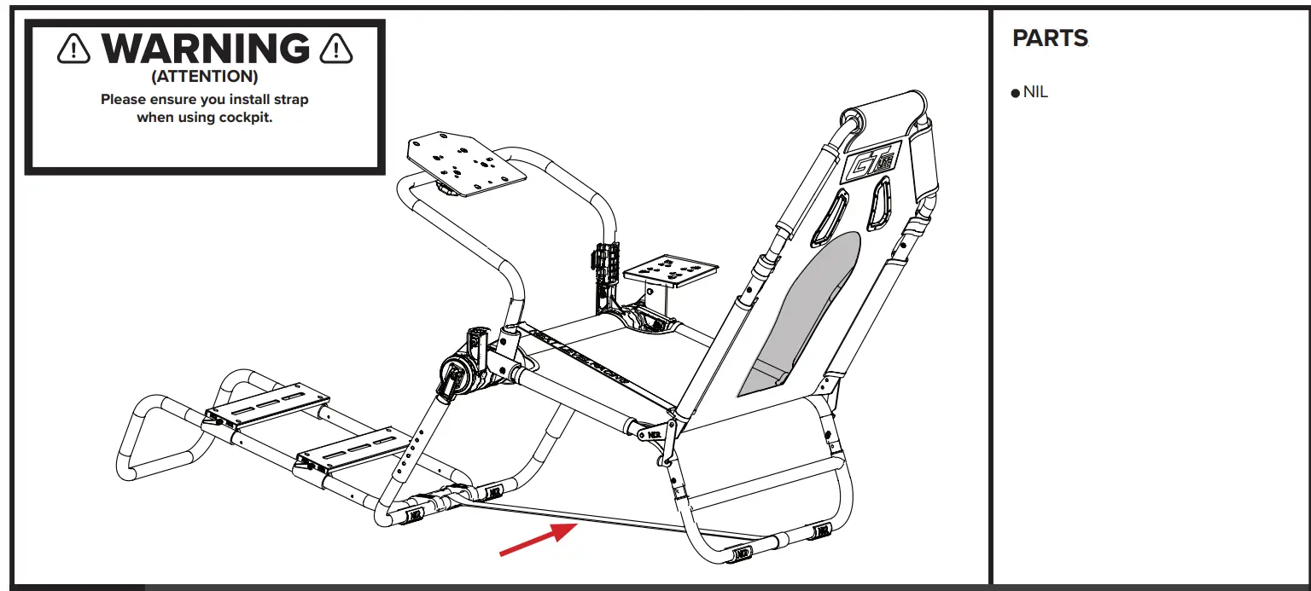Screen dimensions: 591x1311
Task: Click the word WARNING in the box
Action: (204, 48)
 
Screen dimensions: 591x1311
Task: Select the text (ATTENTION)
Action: (204, 77)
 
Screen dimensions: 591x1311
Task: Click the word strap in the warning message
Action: (288, 99)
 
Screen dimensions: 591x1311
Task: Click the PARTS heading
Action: (1050, 38)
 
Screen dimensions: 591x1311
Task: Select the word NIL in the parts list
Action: (1035, 92)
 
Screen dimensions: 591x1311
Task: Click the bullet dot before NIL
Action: (1015, 93)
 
